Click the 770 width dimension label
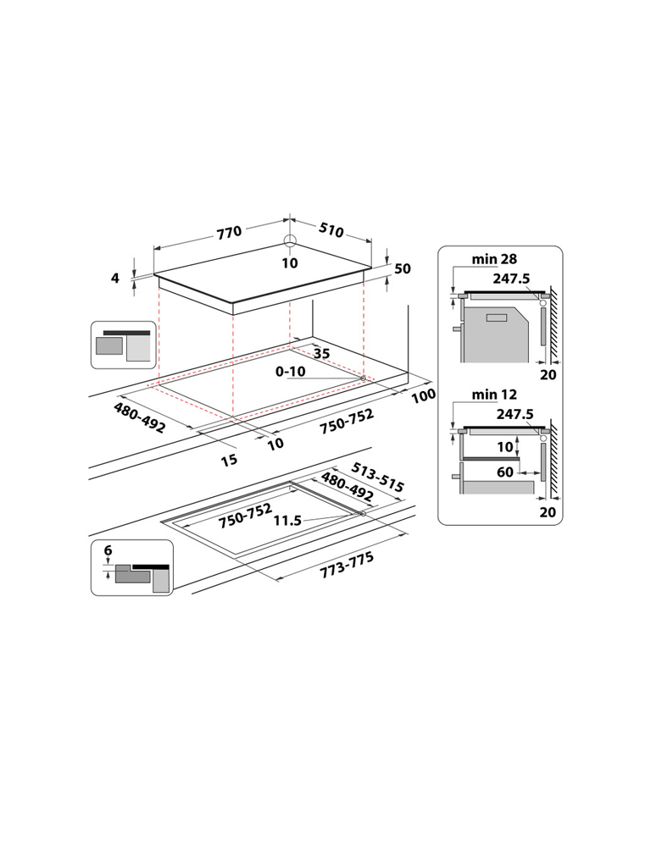click(229, 232)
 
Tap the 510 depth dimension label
click(331, 229)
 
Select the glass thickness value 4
click(115, 278)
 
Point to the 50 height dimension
click(403, 268)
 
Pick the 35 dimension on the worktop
click(321, 354)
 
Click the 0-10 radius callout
click(291, 372)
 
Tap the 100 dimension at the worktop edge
click(424, 395)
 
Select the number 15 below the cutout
click(229, 460)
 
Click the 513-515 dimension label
click(378, 478)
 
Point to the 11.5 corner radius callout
click(288, 521)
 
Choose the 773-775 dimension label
click(347, 565)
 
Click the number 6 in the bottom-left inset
click(108, 550)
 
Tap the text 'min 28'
click(494, 259)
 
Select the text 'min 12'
click(494, 395)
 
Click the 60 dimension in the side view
click(505, 472)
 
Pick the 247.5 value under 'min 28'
click(511, 278)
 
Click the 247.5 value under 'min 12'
click(515, 413)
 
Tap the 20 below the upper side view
click(548, 375)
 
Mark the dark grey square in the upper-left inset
click(109, 345)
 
